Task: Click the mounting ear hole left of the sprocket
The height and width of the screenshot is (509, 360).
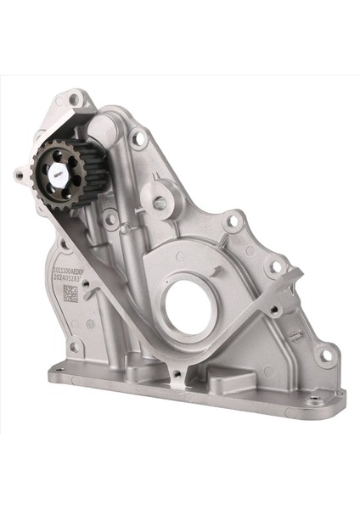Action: (19, 176)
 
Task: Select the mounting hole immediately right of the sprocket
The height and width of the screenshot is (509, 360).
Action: (109, 218)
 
